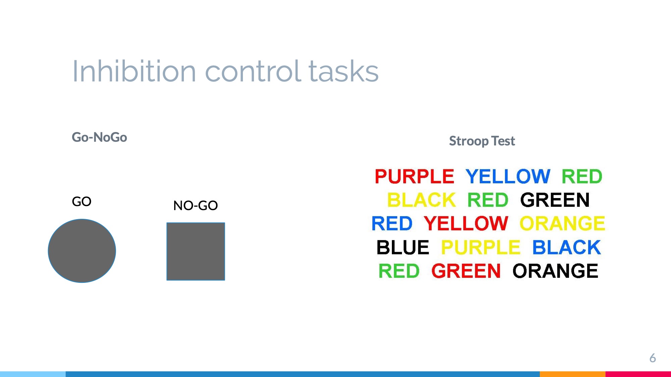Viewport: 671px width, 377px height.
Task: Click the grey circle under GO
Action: click(x=82, y=251)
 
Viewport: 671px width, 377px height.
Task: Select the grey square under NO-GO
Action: click(x=196, y=251)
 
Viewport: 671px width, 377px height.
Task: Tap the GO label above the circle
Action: click(x=82, y=201)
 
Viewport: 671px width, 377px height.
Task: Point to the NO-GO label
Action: click(x=196, y=205)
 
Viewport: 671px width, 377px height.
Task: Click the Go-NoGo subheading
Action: click(x=99, y=137)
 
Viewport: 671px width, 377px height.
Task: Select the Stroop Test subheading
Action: click(x=482, y=141)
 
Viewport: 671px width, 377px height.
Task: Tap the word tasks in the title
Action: click(x=344, y=71)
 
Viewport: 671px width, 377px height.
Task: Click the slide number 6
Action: click(x=653, y=358)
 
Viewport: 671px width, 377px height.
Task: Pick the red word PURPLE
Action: click(x=414, y=177)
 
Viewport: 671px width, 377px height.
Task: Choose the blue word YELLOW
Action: click(x=508, y=177)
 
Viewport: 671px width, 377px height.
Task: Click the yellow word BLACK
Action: click(x=421, y=200)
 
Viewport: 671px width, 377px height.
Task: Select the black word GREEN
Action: click(x=555, y=200)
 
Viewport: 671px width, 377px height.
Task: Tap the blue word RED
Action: click(x=392, y=224)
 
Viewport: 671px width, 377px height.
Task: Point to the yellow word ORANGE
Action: click(x=562, y=224)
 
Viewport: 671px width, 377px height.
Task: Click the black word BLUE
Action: click(x=403, y=247)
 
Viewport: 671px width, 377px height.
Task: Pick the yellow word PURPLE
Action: click(x=480, y=247)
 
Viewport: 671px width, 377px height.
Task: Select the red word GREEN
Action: click(x=466, y=271)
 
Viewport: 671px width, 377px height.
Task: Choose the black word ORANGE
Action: click(x=556, y=271)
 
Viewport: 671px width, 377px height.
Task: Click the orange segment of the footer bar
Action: click(x=573, y=374)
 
